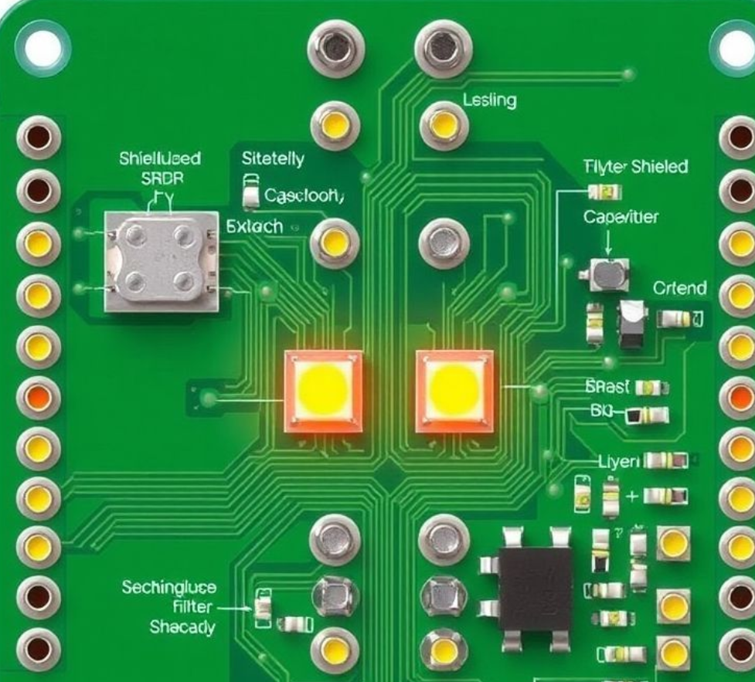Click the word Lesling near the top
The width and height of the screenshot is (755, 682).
pos(490,100)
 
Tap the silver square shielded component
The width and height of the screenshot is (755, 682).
pos(162,262)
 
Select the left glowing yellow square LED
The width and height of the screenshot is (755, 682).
pos(323,390)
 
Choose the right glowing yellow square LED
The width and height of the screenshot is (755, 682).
pos(454,390)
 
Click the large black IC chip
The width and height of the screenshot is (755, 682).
pos(535,589)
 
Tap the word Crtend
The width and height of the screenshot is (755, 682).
pos(680,288)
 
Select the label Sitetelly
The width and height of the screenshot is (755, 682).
pos(273,160)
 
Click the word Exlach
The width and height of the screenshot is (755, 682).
pos(255,228)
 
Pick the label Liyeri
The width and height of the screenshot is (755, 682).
pos(619,461)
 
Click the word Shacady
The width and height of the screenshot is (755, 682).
pos(182,626)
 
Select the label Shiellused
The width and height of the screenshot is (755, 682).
pos(160,159)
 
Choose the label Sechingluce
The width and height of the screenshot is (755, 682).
pos(169,587)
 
